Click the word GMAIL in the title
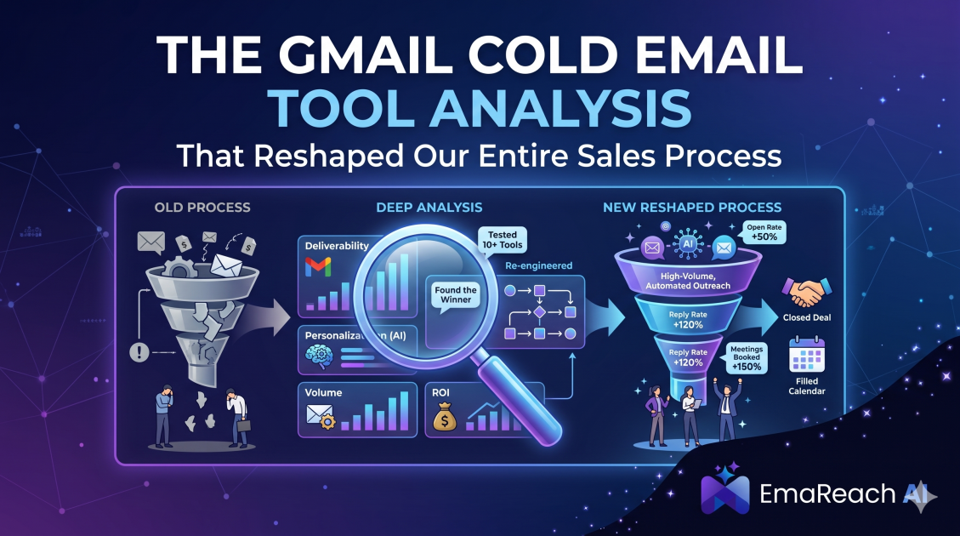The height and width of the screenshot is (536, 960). (365, 54)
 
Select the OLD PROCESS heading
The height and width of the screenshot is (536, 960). (202, 207)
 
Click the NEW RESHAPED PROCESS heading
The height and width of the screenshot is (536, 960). (692, 207)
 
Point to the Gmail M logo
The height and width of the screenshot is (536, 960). (318, 267)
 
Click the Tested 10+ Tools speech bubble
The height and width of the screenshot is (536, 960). (502, 240)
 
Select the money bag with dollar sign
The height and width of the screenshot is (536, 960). (445, 417)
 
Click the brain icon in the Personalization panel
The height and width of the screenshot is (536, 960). (318, 356)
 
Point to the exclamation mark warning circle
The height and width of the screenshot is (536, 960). (139, 352)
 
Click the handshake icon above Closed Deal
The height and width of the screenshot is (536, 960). (806, 292)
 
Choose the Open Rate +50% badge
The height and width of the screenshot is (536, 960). (764, 232)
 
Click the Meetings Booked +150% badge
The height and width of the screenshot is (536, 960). (747, 358)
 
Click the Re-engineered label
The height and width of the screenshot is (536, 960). (539, 265)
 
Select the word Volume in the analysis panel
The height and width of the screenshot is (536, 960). (323, 393)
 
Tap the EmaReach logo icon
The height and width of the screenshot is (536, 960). (725, 489)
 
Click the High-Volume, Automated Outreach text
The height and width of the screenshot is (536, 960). (688, 281)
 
